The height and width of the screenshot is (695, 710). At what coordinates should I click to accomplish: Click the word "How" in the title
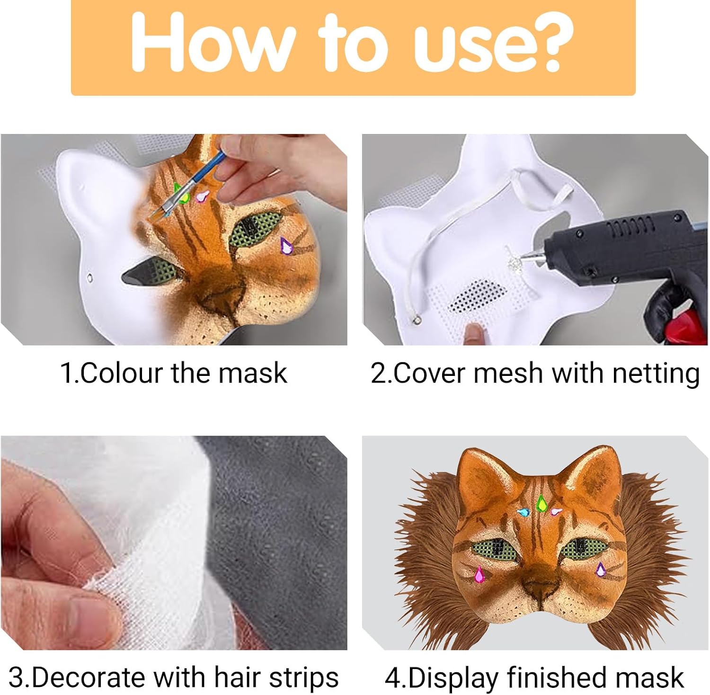tap(211, 44)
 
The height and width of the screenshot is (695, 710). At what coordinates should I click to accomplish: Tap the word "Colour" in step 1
tap(121, 373)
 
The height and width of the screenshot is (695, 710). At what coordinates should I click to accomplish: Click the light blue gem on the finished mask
tap(524, 511)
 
